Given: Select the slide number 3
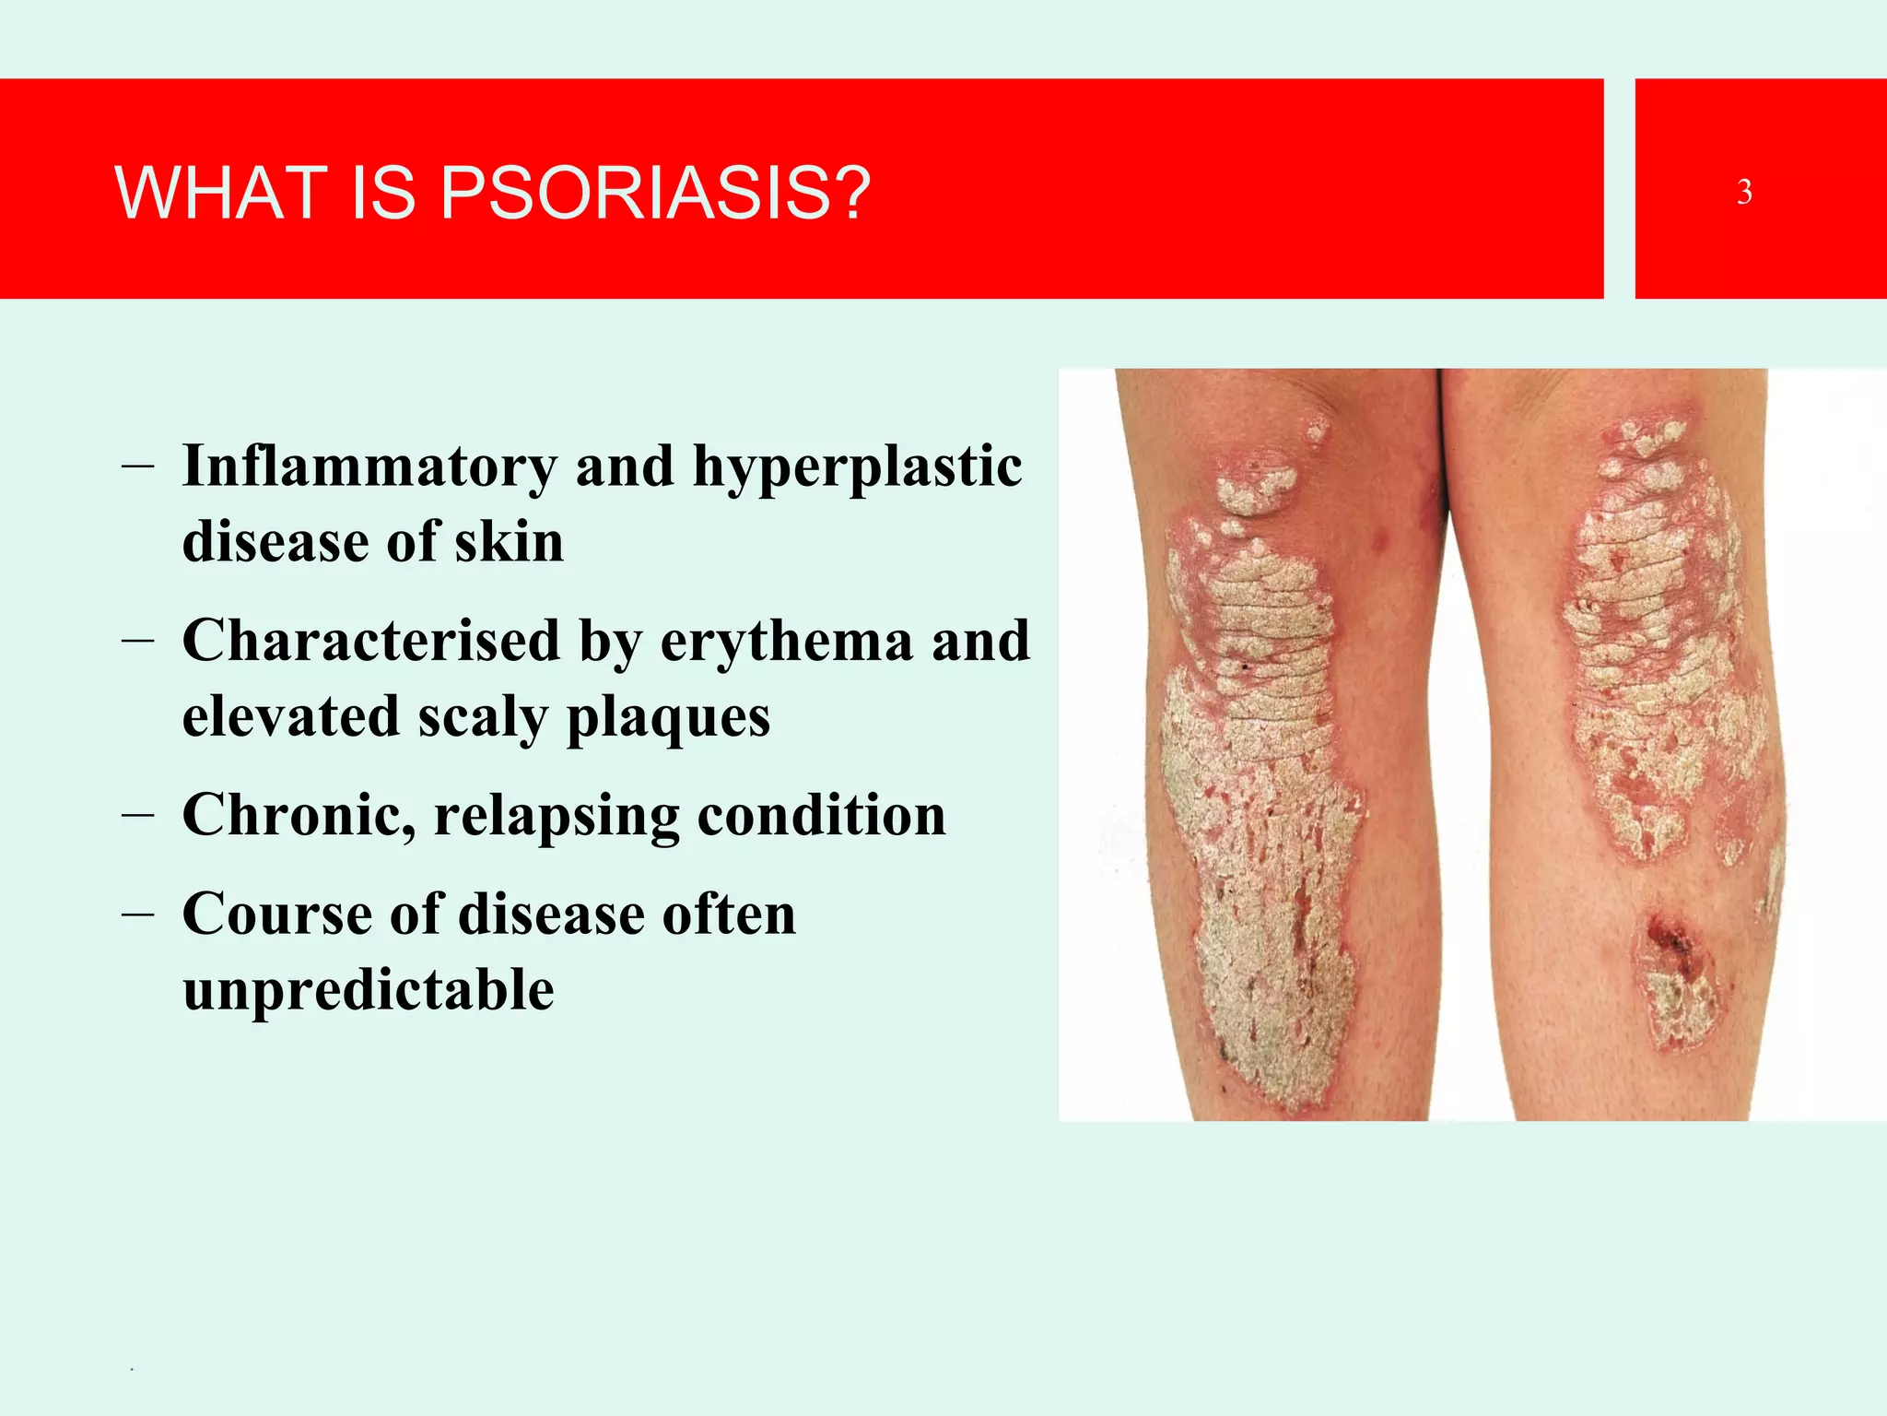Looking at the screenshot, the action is [1744, 192].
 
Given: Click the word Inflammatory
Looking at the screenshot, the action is [369, 466].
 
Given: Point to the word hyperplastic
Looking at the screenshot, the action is [857, 467].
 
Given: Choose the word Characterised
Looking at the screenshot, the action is [371, 640].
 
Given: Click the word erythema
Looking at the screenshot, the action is [787, 642].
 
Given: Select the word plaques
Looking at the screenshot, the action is [668, 718].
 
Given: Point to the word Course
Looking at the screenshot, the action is [277, 914].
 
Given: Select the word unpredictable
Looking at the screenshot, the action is [369, 991].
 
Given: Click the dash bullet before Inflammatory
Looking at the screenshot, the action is [136, 466].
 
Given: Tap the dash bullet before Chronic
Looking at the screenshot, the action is [136, 815].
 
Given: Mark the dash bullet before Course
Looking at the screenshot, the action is [136, 914].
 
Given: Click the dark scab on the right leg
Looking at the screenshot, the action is [1668, 938].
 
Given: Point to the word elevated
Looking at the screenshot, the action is [291, 716].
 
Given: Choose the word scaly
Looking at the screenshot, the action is [483, 718].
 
